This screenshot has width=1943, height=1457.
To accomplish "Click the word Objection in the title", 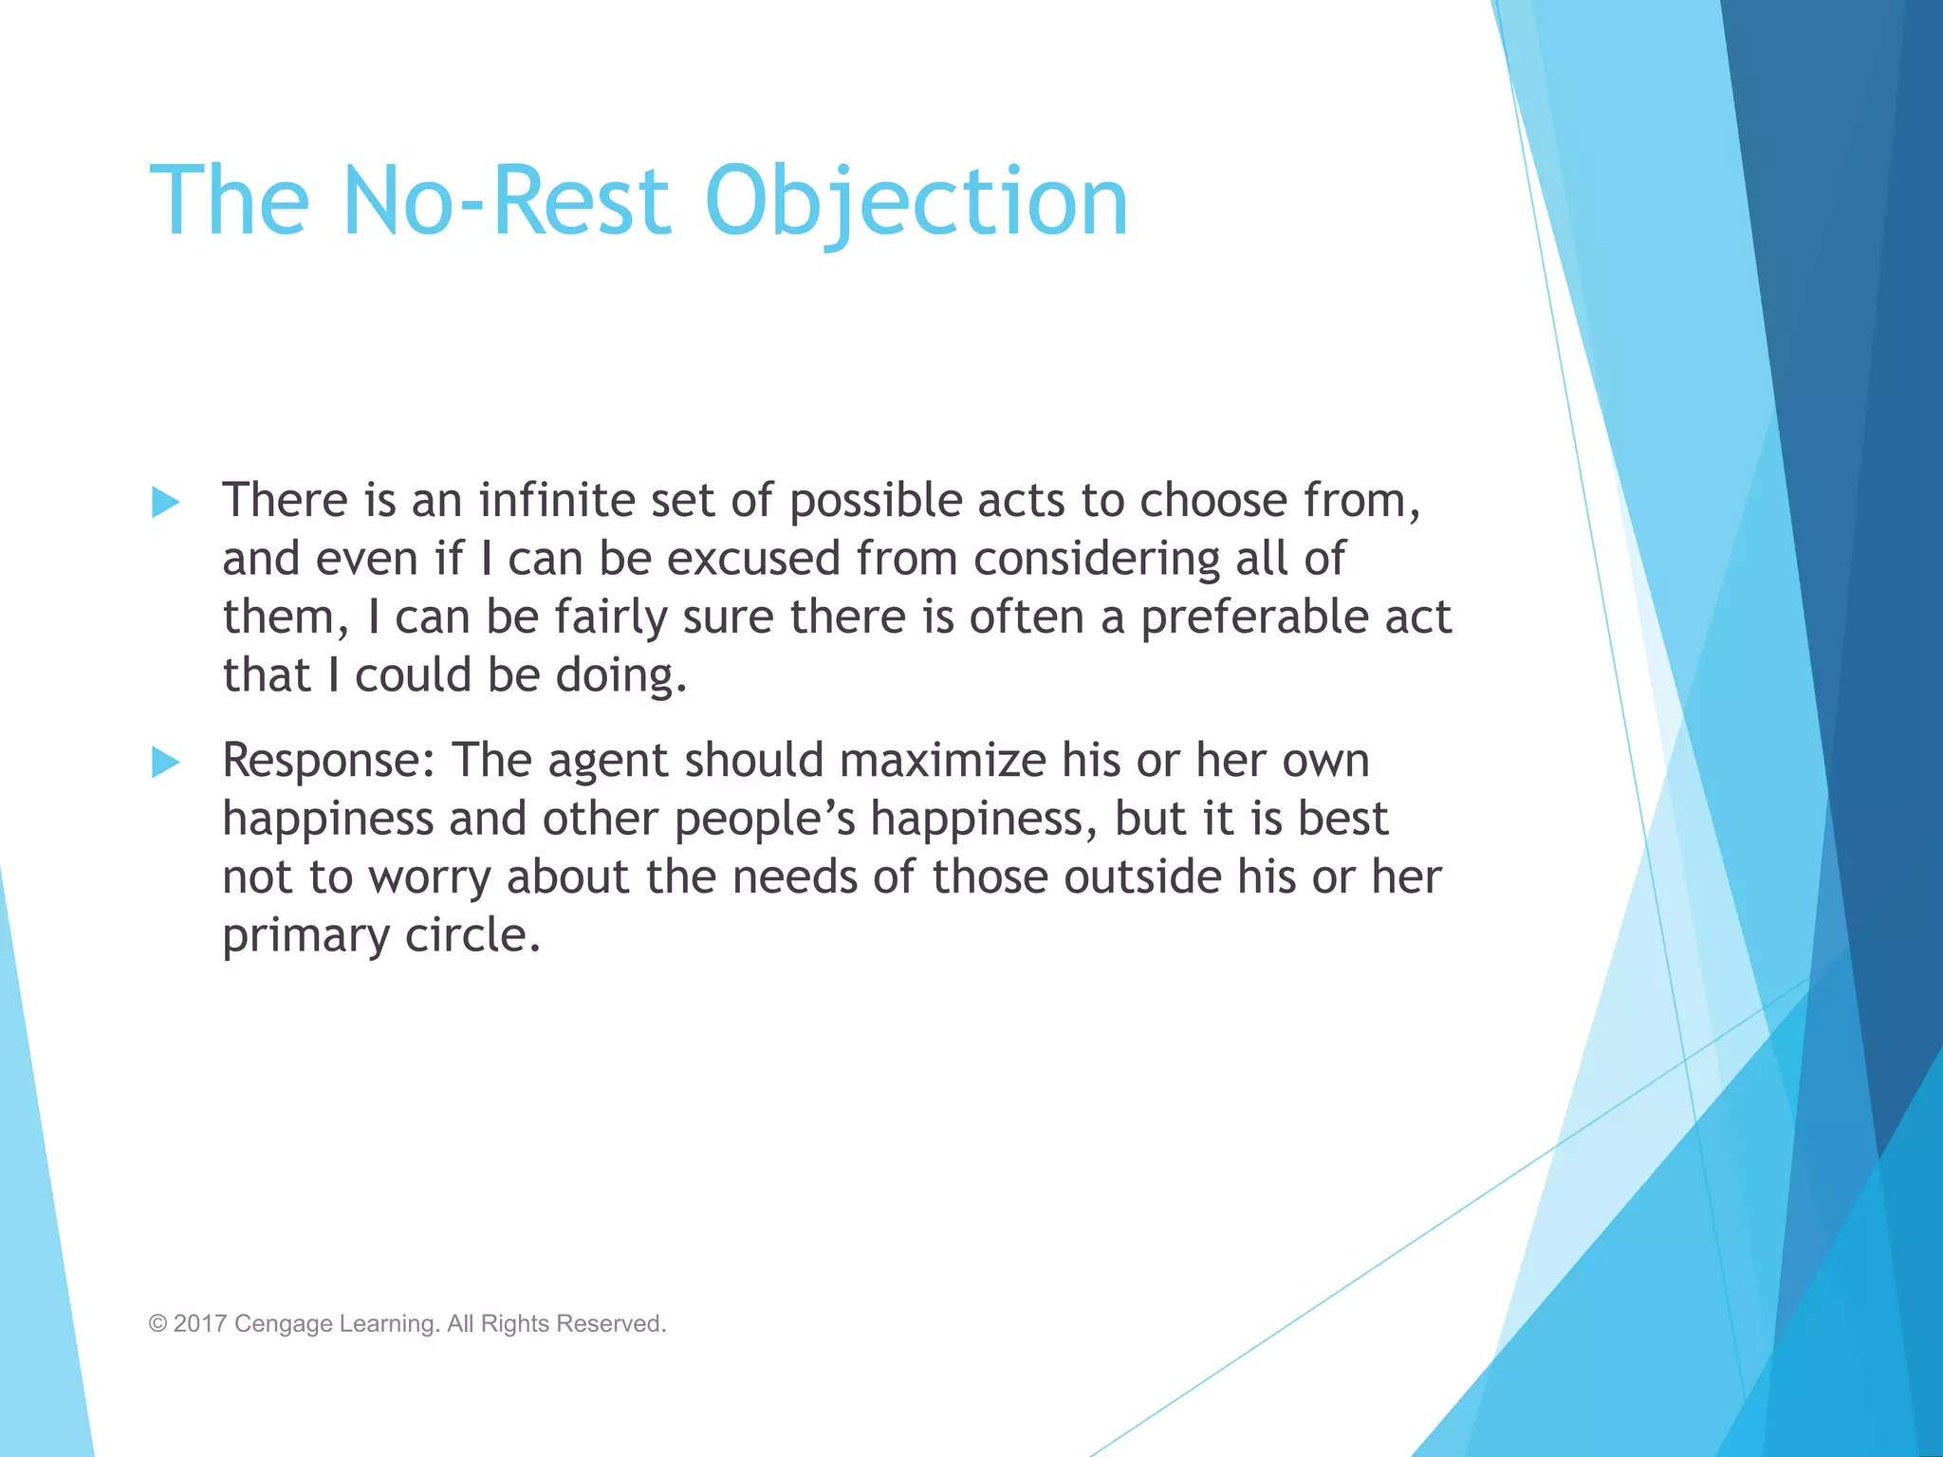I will coord(916,201).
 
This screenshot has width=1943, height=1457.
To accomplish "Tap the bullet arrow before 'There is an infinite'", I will coord(166,502).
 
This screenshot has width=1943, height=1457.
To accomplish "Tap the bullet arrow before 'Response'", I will coord(166,762).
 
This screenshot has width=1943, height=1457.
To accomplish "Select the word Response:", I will coord(328,762).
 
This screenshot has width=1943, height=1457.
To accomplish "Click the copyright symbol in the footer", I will coord(157,1324).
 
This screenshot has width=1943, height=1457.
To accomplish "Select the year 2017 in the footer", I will coord(199,1324).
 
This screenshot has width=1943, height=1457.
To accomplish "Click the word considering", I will coord(1097,560).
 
